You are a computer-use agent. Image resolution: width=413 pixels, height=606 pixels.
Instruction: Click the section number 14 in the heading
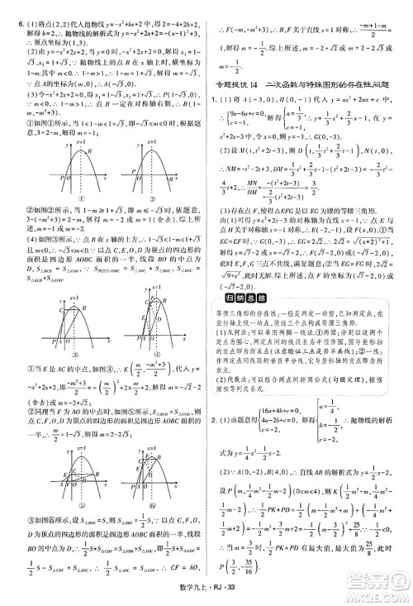coord(278,83)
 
